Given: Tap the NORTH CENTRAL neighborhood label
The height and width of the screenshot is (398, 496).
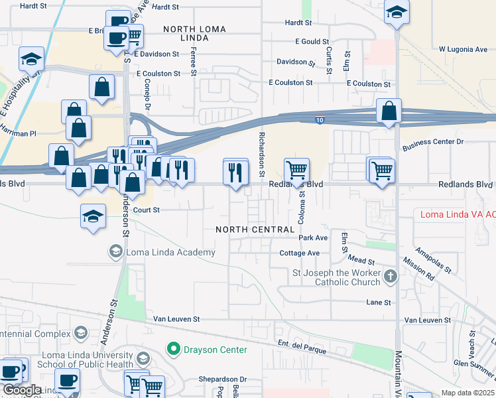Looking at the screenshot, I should point(255,230).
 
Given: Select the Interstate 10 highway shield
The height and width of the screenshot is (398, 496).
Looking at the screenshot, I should point(320,119).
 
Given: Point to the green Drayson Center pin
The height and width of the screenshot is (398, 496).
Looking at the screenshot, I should point(174,348).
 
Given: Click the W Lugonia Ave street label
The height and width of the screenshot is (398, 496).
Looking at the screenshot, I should point(463,49).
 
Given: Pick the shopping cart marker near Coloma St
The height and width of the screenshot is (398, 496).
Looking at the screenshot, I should point(296,170).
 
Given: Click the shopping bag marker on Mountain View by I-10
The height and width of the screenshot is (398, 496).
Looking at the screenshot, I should point(389,111).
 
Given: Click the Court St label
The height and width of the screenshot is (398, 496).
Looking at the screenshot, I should point(147,210).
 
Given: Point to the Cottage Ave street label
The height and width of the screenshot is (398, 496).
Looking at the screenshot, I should point(299,253).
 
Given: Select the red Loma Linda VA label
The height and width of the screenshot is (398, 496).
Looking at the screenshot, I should point(458,214).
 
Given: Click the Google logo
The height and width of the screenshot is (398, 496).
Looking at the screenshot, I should point(21,390).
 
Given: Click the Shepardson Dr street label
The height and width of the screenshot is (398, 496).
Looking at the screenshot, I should point(222,379).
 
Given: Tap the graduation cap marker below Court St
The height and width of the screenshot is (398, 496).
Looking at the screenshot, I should point(93,216).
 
